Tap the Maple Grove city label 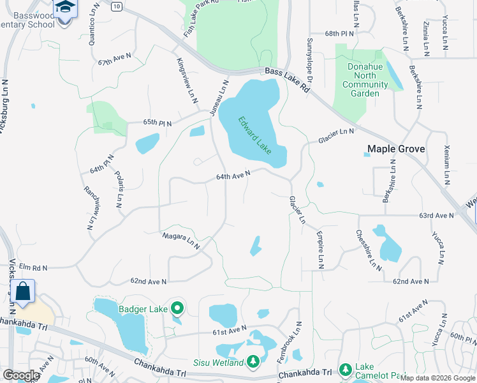396,149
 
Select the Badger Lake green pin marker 178,309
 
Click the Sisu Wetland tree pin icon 253,362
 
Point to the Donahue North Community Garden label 365,80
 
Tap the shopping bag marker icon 23,291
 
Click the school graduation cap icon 64,7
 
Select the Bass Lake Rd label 287,81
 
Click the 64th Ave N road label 233,174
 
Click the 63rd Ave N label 436,216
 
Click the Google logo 21,375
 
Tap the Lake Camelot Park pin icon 345,369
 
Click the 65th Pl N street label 158,122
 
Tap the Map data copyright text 437,378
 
